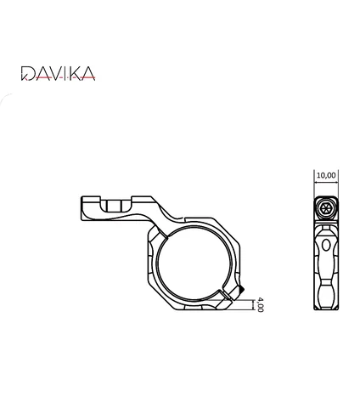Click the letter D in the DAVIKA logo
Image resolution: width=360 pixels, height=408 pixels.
point(28,73)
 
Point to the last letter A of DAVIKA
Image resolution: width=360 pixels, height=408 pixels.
point(88,73)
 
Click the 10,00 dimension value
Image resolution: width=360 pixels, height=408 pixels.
point(326,175)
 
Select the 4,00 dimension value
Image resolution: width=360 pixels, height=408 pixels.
point(261,304)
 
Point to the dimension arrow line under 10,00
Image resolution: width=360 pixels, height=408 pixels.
point(326,183)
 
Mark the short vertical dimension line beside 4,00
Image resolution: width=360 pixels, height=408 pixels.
point(253,304)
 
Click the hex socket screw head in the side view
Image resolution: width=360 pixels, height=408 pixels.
point(326,208)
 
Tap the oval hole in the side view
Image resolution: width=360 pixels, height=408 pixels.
point(326,245)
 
